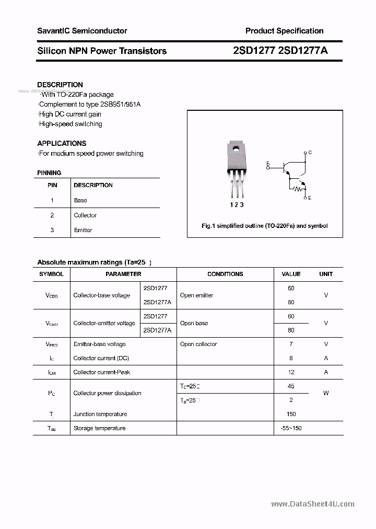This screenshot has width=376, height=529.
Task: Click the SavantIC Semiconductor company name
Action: (82, 31)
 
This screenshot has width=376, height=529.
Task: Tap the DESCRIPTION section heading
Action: (60, 85)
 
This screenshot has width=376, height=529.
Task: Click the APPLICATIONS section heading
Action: (62, 143)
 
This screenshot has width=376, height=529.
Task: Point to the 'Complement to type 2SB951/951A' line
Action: (89, 104)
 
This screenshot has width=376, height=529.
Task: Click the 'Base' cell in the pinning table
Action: (80, 200)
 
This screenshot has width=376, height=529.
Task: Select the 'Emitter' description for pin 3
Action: (83, 230)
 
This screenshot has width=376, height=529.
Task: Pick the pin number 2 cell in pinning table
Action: (52, 215)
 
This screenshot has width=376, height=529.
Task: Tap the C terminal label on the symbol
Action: (310, 153)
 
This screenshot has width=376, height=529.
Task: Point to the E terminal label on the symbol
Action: (310, 198)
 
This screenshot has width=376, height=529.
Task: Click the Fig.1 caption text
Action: (265, 226)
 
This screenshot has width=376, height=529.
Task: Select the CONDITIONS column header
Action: (225, 274)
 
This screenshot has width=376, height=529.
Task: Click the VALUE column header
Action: (291, 274)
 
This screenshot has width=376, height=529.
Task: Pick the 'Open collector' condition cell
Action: (198, 344)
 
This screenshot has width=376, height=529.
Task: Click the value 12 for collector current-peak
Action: (291, 372)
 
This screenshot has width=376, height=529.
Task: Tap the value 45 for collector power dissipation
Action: (291, 386)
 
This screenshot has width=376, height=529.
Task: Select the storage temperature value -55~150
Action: (291, 428)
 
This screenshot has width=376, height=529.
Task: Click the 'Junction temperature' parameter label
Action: (100, 414)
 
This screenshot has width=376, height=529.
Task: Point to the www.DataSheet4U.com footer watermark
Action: (313, 504)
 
